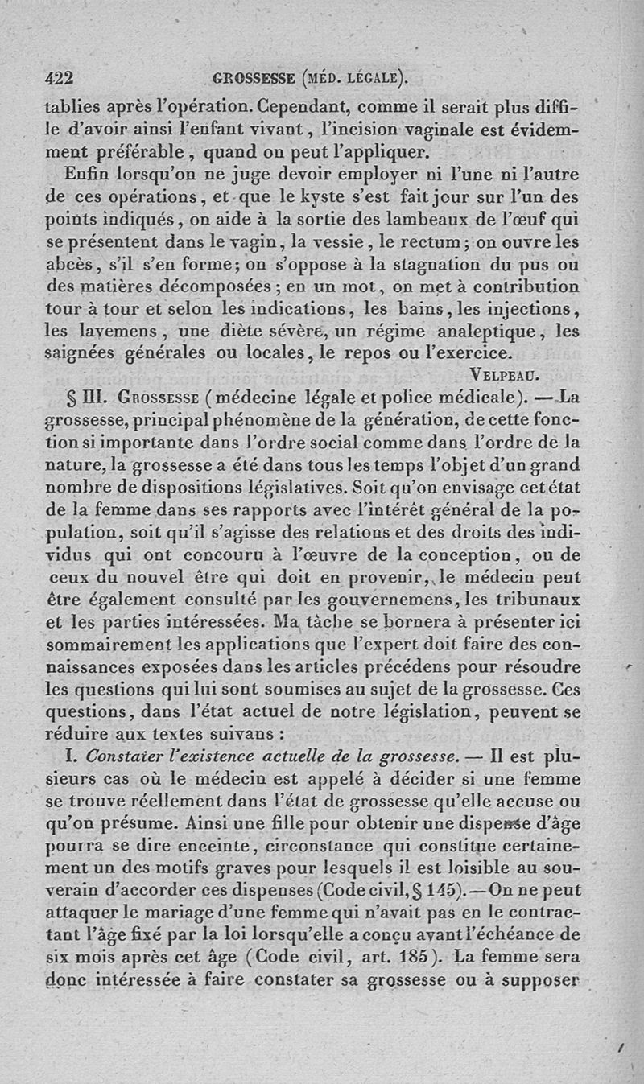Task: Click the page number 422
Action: tap(59, 78)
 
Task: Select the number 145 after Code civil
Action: tap(440, 892)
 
